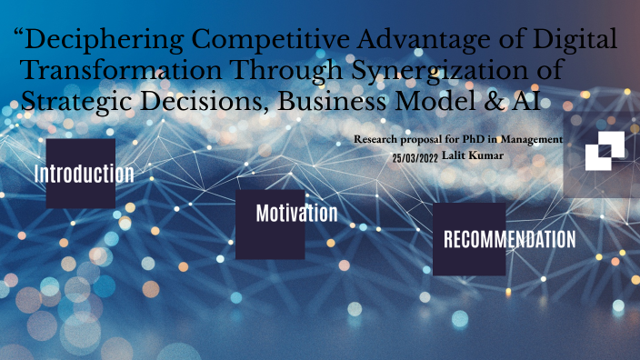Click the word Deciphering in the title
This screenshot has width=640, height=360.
[x=101, y=41]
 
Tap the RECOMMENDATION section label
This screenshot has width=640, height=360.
[x=509, y=240]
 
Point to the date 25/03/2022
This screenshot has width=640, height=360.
[x=415, y=157]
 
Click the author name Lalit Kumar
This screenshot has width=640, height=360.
[x=474, y=155]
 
